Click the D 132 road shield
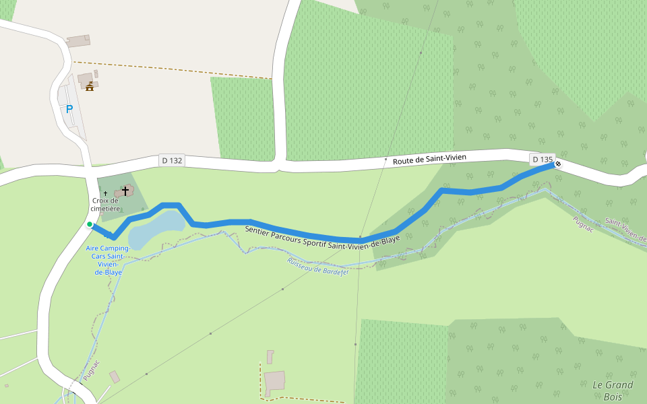172,160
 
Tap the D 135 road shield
542,160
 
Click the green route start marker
89,225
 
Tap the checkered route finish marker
557,164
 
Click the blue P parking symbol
69,108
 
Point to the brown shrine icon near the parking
89,86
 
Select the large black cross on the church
125,191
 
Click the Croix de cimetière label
105,204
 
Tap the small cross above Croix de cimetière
105,193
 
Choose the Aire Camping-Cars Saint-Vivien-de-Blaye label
109,260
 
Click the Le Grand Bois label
613,391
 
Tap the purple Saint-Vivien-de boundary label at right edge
626,230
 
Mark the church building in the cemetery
123,193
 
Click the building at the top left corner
78,41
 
